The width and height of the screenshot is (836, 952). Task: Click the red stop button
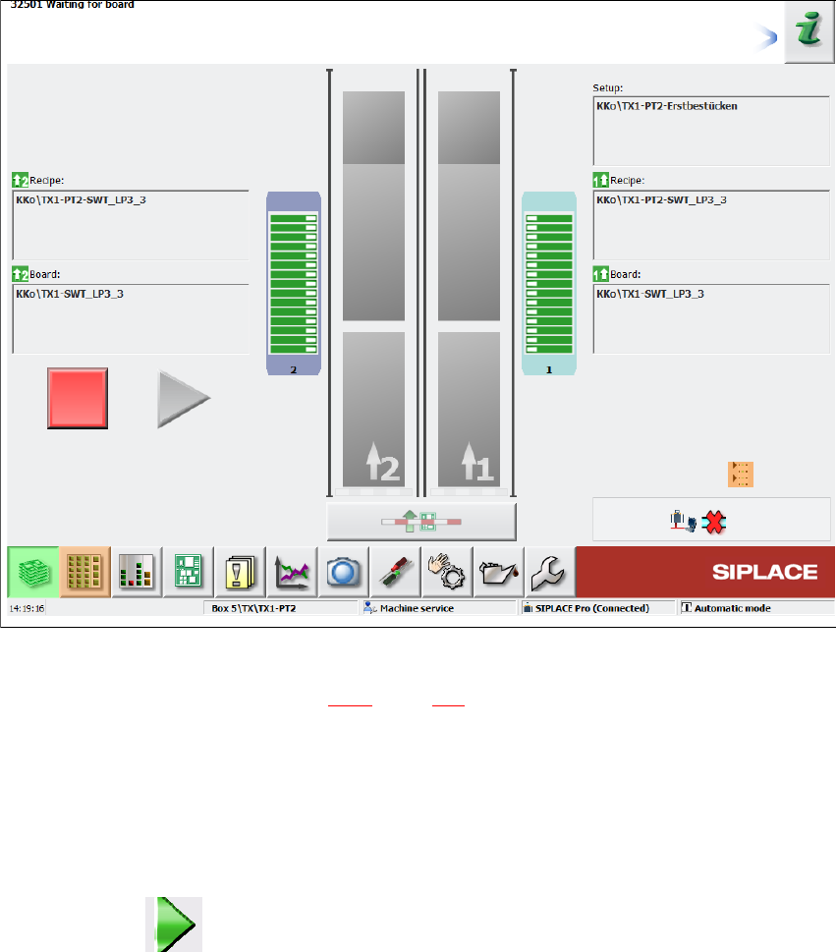(78, 398)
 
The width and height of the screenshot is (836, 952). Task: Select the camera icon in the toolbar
(344, 571)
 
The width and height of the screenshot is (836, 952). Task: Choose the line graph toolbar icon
(293, 571)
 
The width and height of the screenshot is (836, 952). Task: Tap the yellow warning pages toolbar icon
(241, 571)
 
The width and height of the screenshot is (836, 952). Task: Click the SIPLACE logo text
(765, 572)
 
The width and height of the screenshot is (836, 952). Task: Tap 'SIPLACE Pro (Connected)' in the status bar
(591, 608)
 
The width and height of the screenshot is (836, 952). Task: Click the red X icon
(716, 522)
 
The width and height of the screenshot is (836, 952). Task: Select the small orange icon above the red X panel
(741, 474)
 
